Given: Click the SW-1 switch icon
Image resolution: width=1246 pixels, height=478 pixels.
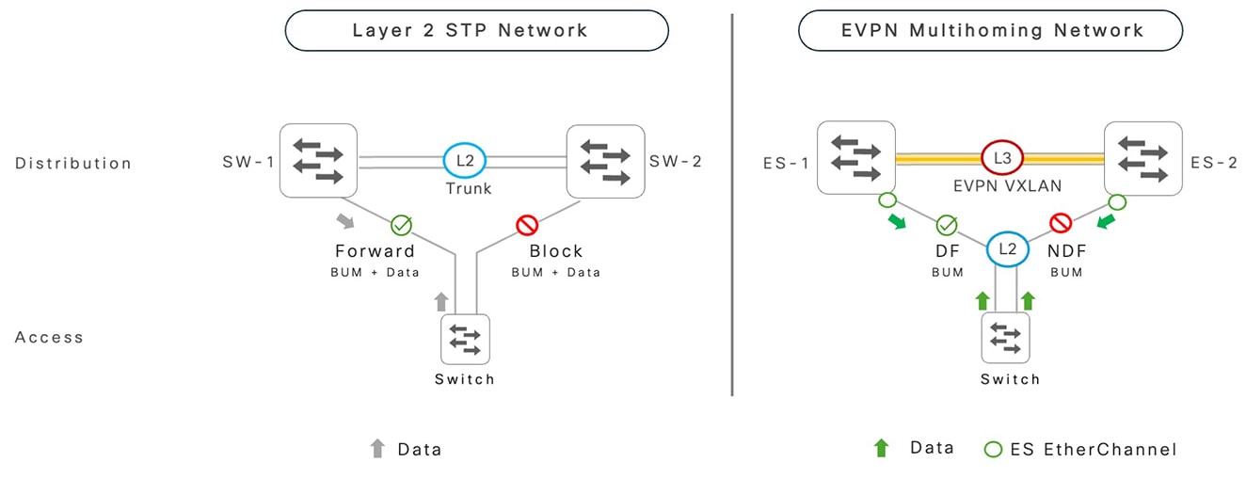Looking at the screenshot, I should coord(319,161).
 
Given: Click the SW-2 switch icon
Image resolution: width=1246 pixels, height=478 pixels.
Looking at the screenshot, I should coord(604,161).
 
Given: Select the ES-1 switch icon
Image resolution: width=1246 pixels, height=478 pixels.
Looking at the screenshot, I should coord(855,157).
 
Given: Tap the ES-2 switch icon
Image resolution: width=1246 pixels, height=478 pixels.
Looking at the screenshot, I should coord(1142,157).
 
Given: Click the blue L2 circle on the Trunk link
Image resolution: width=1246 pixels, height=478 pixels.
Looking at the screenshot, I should coord(464,161).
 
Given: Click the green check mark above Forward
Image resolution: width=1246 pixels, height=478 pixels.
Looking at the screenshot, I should coord(402,226).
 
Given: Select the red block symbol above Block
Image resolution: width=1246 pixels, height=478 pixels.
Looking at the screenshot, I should coord(526,226).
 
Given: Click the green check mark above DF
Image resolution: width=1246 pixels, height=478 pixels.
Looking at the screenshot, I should coord(947,226).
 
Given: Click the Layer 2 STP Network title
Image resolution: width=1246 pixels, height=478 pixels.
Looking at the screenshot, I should coord(476,30).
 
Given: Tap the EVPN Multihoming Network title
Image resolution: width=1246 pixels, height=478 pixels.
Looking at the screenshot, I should coord(990,30).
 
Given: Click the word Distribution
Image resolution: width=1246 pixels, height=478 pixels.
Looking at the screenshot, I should coord(73,164).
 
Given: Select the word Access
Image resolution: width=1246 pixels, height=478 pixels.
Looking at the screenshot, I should coord(49,337).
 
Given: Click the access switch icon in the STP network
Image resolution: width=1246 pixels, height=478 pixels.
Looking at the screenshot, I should coord(465,338).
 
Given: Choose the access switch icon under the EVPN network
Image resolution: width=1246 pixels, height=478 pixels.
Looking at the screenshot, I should coord(1006,338).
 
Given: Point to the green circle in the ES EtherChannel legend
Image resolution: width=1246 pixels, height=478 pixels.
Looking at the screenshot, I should coord(992,449).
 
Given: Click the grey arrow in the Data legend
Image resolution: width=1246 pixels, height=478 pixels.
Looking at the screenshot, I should coord(378,449).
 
